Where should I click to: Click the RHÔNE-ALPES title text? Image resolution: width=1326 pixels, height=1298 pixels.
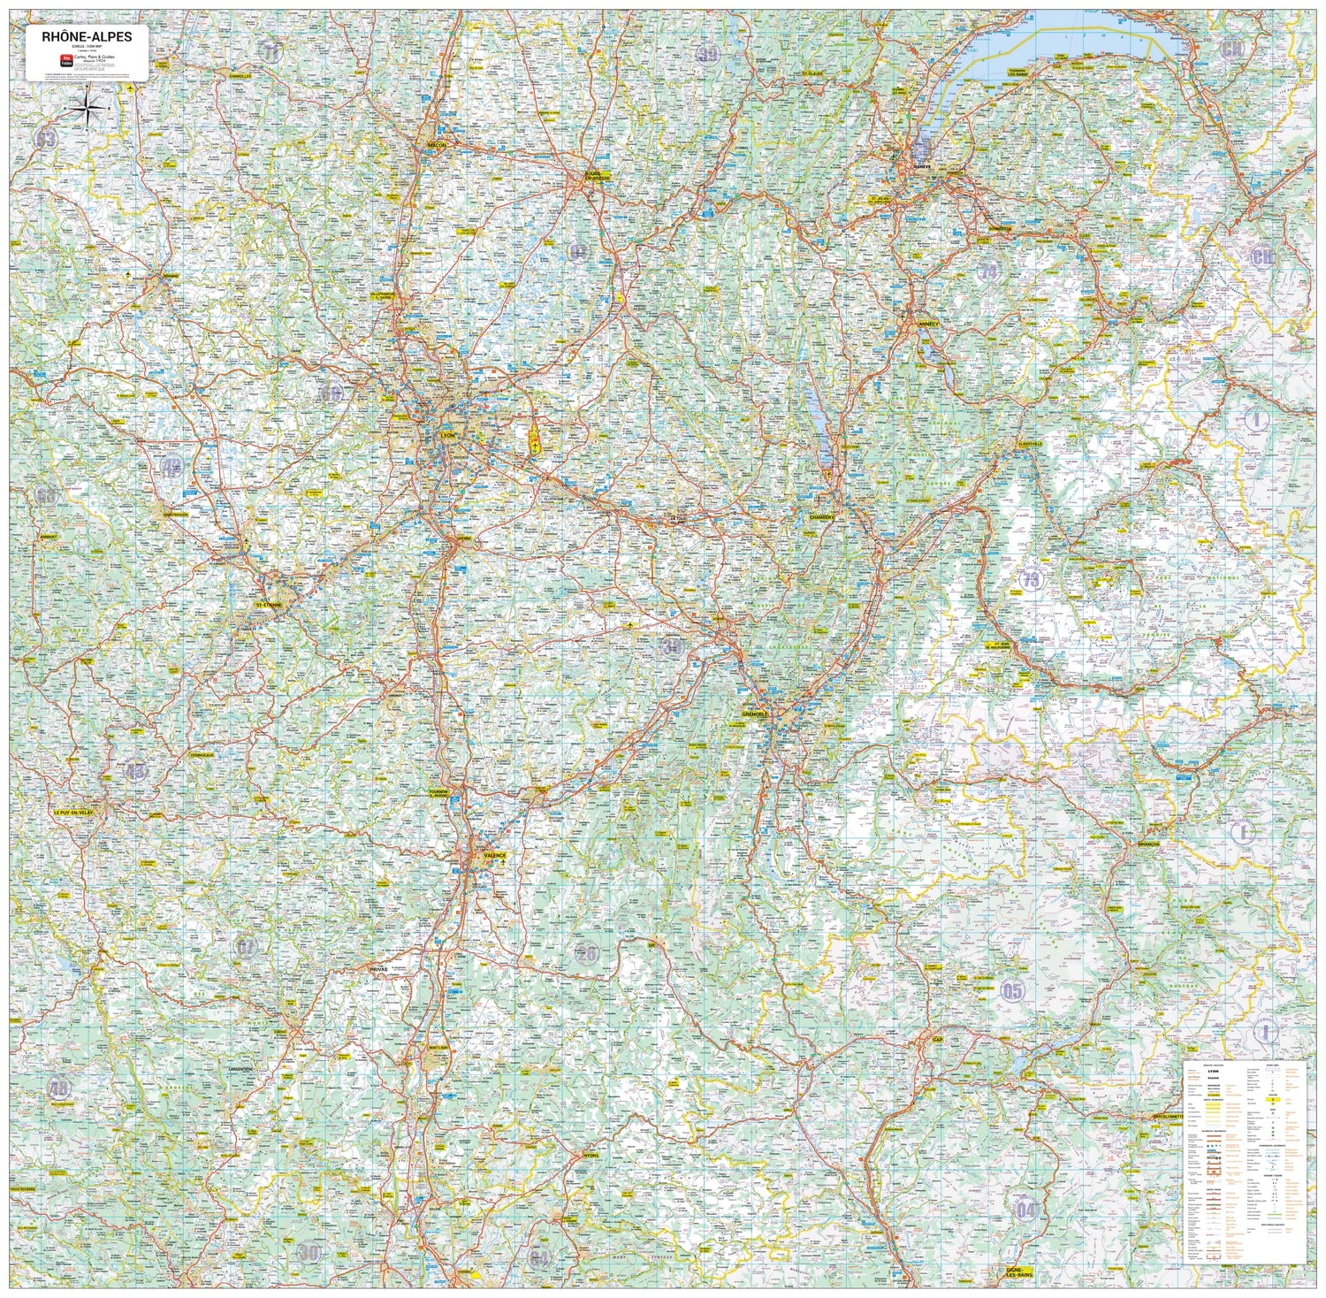pyautogui.click(x=87, y=36)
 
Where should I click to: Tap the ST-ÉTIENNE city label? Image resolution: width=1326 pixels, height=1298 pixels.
pyautogui.click(x=269, y=605)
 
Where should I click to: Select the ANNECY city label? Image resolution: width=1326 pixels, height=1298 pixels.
pyautogui.click(x=928, y=324)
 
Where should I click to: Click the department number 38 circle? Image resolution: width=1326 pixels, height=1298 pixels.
pyautogui.click(x=672, y=646)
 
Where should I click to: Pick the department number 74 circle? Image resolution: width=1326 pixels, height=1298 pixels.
pyautogui.click(x=988, y=271)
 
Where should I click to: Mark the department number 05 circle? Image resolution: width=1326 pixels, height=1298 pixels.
pyautogui.click(x=1012, y=990)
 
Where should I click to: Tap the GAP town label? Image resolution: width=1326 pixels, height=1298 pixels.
pyautogui.click(x=937, y=1040)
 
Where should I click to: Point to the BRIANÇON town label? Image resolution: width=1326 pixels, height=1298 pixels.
pyautogui.click(x=1147, y=845)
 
